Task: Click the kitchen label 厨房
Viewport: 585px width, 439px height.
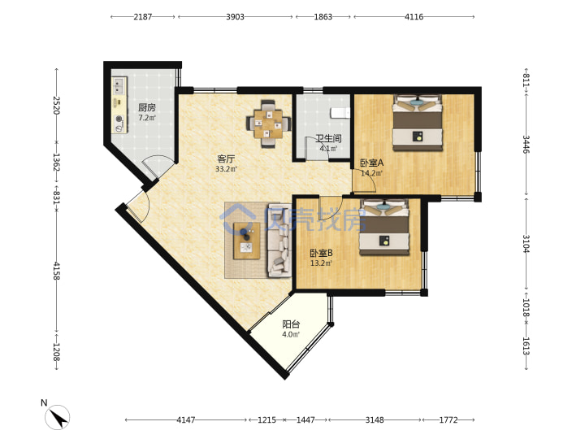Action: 146,107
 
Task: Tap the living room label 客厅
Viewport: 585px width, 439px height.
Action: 226,159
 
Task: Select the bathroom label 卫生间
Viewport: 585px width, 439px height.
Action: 328,138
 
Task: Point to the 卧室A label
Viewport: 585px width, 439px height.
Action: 371,163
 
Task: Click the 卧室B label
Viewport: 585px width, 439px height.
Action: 321,253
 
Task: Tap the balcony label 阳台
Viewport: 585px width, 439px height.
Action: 291,324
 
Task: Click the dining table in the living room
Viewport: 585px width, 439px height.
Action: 269,124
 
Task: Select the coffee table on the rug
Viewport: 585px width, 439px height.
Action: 247,241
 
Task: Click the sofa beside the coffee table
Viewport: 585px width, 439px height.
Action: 279,241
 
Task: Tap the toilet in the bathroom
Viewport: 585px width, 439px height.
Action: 340,113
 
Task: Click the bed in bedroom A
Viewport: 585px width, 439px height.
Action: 418,123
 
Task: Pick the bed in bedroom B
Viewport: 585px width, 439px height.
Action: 384,228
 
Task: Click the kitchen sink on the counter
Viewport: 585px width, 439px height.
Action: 119,86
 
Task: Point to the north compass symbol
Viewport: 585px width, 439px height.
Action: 57,417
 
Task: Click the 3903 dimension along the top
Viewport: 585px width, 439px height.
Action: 235,17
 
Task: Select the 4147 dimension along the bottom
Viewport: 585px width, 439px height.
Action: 186,420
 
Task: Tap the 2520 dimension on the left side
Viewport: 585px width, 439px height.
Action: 56,105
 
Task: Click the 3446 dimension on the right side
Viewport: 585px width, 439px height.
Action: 526,144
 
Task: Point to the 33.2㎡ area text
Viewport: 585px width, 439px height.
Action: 226,169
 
